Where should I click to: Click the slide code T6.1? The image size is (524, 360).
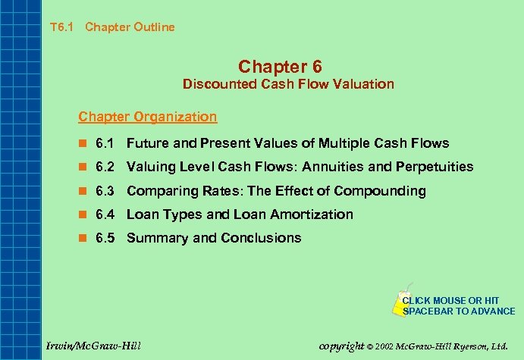[60, 27]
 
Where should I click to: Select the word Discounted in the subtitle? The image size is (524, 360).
[216, 84]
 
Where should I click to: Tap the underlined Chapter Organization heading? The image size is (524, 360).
[147, 117]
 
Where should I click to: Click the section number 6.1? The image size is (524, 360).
[105, 143]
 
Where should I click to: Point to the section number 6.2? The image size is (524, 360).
[105, 167]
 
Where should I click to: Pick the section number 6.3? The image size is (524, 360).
[105, 191]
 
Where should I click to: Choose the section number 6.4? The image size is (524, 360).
[105, 214]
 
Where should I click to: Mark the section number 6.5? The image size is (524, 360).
[105, 238]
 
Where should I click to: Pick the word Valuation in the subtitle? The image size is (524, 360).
[367, 84]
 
